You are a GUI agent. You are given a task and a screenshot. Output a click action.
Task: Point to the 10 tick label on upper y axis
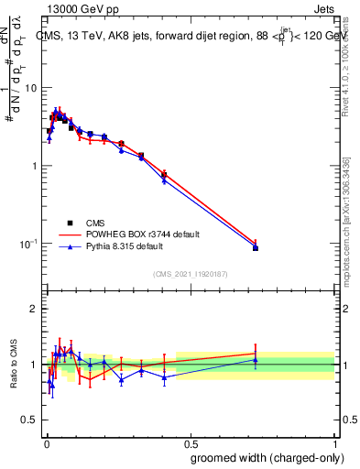(31, 88)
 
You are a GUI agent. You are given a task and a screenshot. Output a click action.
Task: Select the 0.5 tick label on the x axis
(190, 441)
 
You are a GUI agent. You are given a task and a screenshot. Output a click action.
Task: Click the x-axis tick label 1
(335, 441)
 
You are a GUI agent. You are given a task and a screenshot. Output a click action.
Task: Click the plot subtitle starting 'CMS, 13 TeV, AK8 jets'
(189, 37)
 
